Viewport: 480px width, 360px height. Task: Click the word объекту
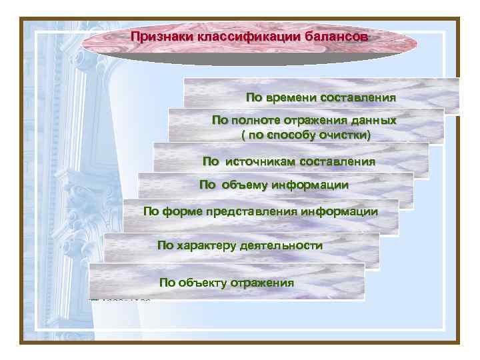coord(203,283)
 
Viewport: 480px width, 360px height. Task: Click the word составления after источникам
coord(337,161)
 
